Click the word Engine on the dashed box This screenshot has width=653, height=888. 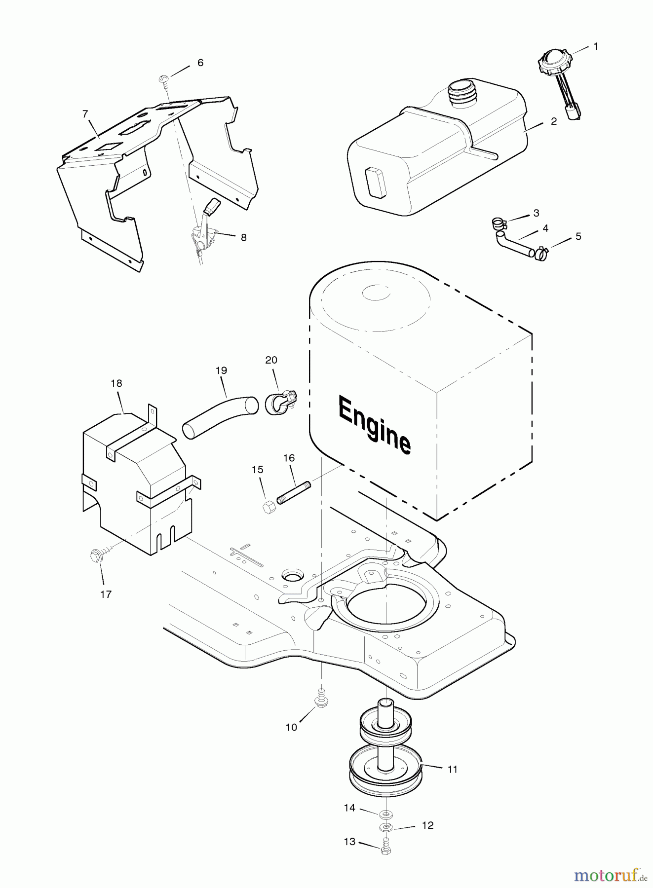pos(374,425)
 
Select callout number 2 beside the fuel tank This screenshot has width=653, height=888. pos(554,121)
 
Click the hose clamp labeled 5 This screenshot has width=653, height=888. pos(541,254)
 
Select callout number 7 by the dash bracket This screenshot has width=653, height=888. pos(85,114)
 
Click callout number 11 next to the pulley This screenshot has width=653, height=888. pos(453,769)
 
